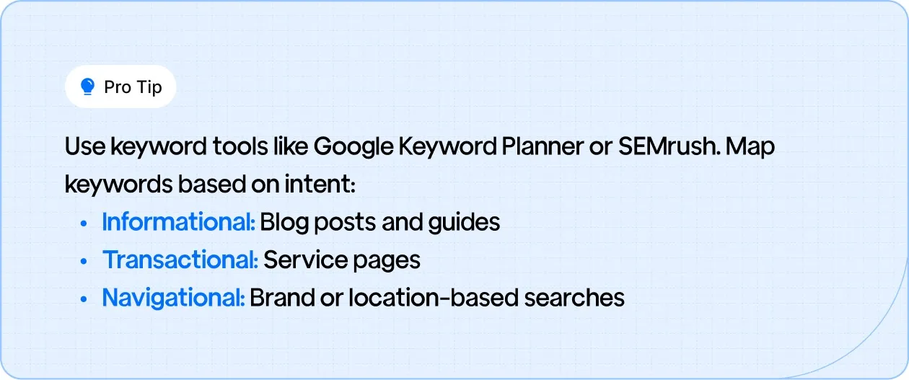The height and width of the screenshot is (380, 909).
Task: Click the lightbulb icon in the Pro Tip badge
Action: pos(88,87)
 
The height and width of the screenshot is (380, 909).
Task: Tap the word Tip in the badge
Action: pos(148,87)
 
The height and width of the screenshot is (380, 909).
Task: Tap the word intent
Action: pos(329,185)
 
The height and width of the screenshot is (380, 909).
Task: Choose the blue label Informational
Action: pos(178,222)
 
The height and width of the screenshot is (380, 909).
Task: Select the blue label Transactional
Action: pos(180,260)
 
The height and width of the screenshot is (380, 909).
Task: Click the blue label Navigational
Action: pos(173,297)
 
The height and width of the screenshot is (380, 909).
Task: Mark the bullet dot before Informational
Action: pos(84,224)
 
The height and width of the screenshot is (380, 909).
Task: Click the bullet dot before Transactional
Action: pos(84,261)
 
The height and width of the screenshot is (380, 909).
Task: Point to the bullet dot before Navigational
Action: pos(84,299)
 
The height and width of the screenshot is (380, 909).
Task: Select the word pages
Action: pos(386,261)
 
